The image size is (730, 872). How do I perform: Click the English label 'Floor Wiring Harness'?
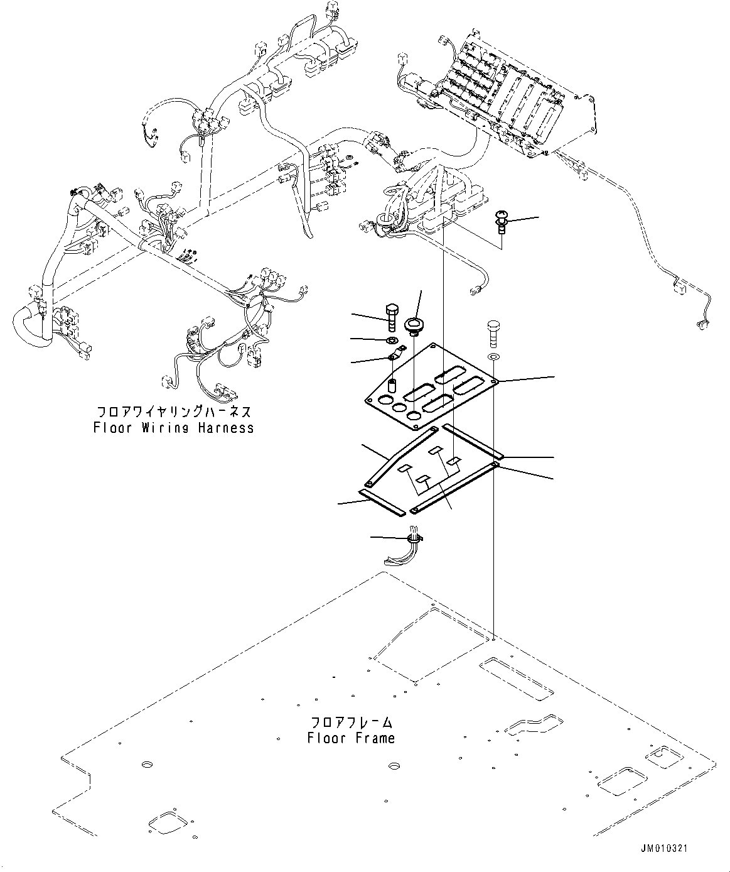click(173, 428)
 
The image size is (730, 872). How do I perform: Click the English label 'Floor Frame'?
click(351, 738)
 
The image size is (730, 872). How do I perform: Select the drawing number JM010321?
click(665, 848)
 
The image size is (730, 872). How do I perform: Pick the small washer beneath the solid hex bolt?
click(391, 341)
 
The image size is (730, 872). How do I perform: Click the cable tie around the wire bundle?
click(415, 538)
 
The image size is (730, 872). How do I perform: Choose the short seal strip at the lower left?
click(381, 503)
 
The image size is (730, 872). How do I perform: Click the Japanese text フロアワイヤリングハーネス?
click(173, 412)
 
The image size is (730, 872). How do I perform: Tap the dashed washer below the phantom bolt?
click(493, 357)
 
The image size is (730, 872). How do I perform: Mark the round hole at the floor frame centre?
click(394, 766)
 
